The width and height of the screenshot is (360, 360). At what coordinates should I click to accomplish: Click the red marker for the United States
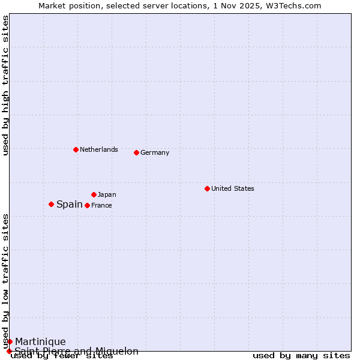(207, 188)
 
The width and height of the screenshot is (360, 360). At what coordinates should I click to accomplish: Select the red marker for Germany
(136, 152)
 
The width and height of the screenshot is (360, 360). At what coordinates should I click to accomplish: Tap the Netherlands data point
(76, 149)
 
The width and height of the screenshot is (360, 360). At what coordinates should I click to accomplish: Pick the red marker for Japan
(94, 194)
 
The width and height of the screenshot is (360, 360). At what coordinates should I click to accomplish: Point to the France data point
(87, 205)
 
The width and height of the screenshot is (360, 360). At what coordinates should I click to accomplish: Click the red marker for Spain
(51, 204)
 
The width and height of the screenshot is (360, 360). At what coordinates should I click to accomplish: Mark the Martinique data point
(10, 341)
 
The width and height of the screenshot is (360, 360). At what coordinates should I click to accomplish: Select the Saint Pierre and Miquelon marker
(9, 351)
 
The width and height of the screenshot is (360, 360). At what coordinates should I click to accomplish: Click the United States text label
(232, 188)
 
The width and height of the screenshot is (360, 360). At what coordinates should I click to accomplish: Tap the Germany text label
(155, 152)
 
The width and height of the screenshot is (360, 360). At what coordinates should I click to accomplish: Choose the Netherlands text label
(98, 149)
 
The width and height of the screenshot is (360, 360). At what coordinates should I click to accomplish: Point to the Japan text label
(107, 194)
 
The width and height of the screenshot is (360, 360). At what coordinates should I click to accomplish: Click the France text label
(101, 205)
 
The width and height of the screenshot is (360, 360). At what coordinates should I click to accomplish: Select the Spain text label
(70, 204)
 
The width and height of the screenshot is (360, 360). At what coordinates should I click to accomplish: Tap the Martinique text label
(40, 341)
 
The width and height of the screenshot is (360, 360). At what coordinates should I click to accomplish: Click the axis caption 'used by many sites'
(301, 356)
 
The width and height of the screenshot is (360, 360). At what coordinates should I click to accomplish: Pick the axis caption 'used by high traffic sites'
(5, 85)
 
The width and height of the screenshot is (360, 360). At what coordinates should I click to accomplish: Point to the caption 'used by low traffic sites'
(5, 281)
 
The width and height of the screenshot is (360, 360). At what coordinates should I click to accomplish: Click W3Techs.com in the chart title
(295, 5)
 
